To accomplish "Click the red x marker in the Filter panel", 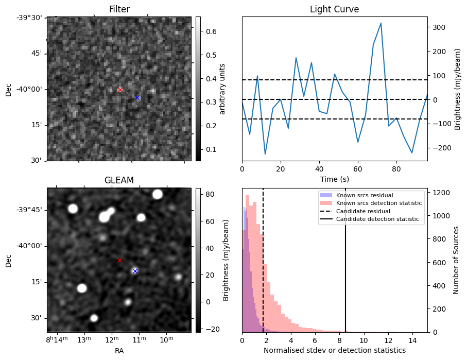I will click(x=120, y=90).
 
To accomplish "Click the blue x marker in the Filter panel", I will click(x=137, y=97).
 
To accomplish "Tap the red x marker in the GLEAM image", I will click(x=119, y=261).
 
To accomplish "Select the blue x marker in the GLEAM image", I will click(x=135, y=271).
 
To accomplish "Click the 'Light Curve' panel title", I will click(x=334, y=9).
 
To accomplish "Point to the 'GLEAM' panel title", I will click(x=119, y=180).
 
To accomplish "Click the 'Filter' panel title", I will click(x=119, y=9).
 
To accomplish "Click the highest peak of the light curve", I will click(x=380, y=23).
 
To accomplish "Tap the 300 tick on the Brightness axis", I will click(x=438, y=27).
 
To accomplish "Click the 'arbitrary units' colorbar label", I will click(x=222, y=89).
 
